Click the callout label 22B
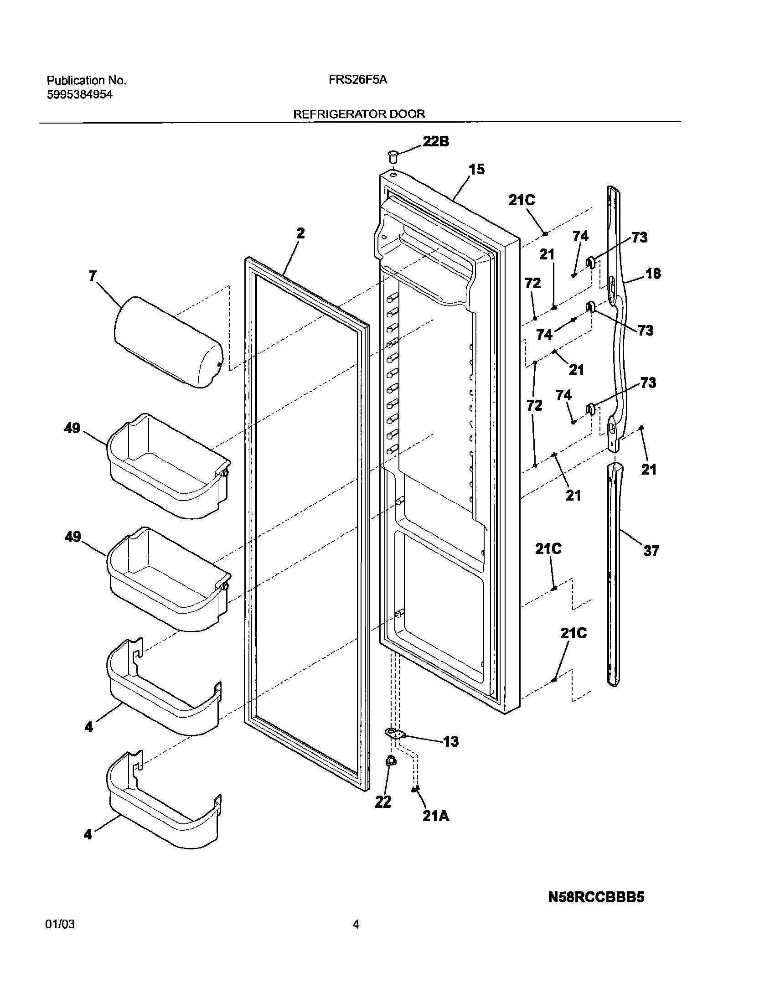(435, 142)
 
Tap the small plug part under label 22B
(392, 157)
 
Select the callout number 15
(477, 170)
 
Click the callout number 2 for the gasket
(300, 233)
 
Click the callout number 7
(93, 276)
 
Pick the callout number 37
(651, 551)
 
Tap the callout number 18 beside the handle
(653, 274)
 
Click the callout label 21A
(435, 816)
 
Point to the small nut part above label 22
(390, 760)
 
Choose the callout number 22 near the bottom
(383, 802)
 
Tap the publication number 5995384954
(80, 94)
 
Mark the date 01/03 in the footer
(60, 925)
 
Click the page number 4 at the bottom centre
(356, 925)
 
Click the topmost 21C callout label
(522, 200)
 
